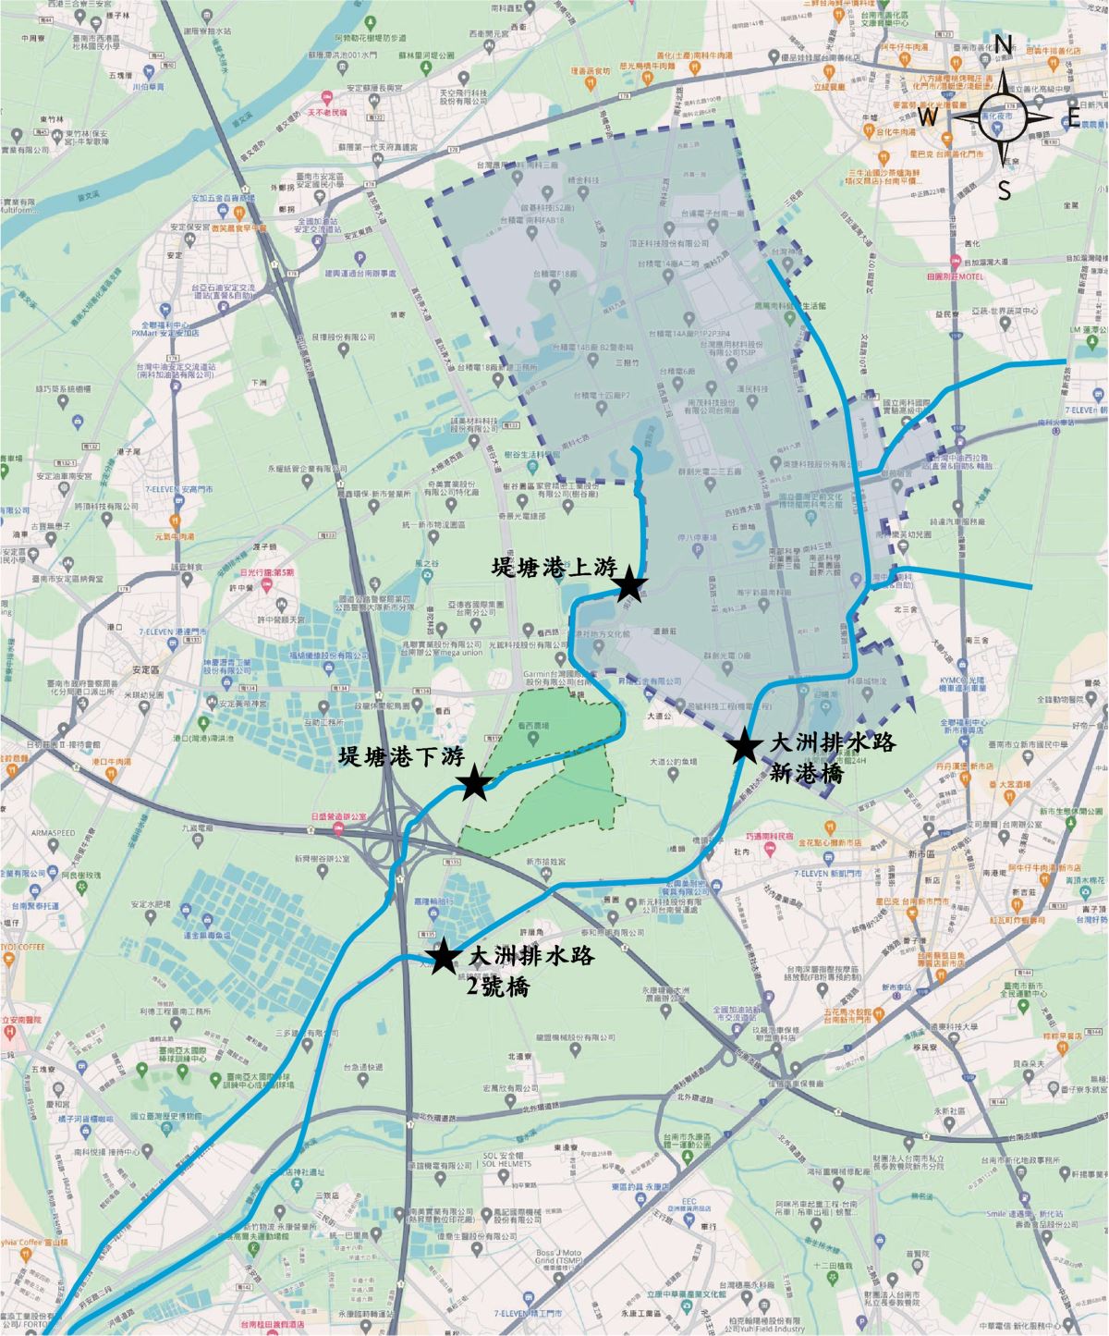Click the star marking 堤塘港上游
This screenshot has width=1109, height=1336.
click(628, 584)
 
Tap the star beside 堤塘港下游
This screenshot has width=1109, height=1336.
click(475, 783)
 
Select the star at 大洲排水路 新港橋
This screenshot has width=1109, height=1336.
click(743, 746)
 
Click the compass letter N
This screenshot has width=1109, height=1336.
click(1003, 43)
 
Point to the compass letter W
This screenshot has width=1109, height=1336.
click(928, 116)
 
